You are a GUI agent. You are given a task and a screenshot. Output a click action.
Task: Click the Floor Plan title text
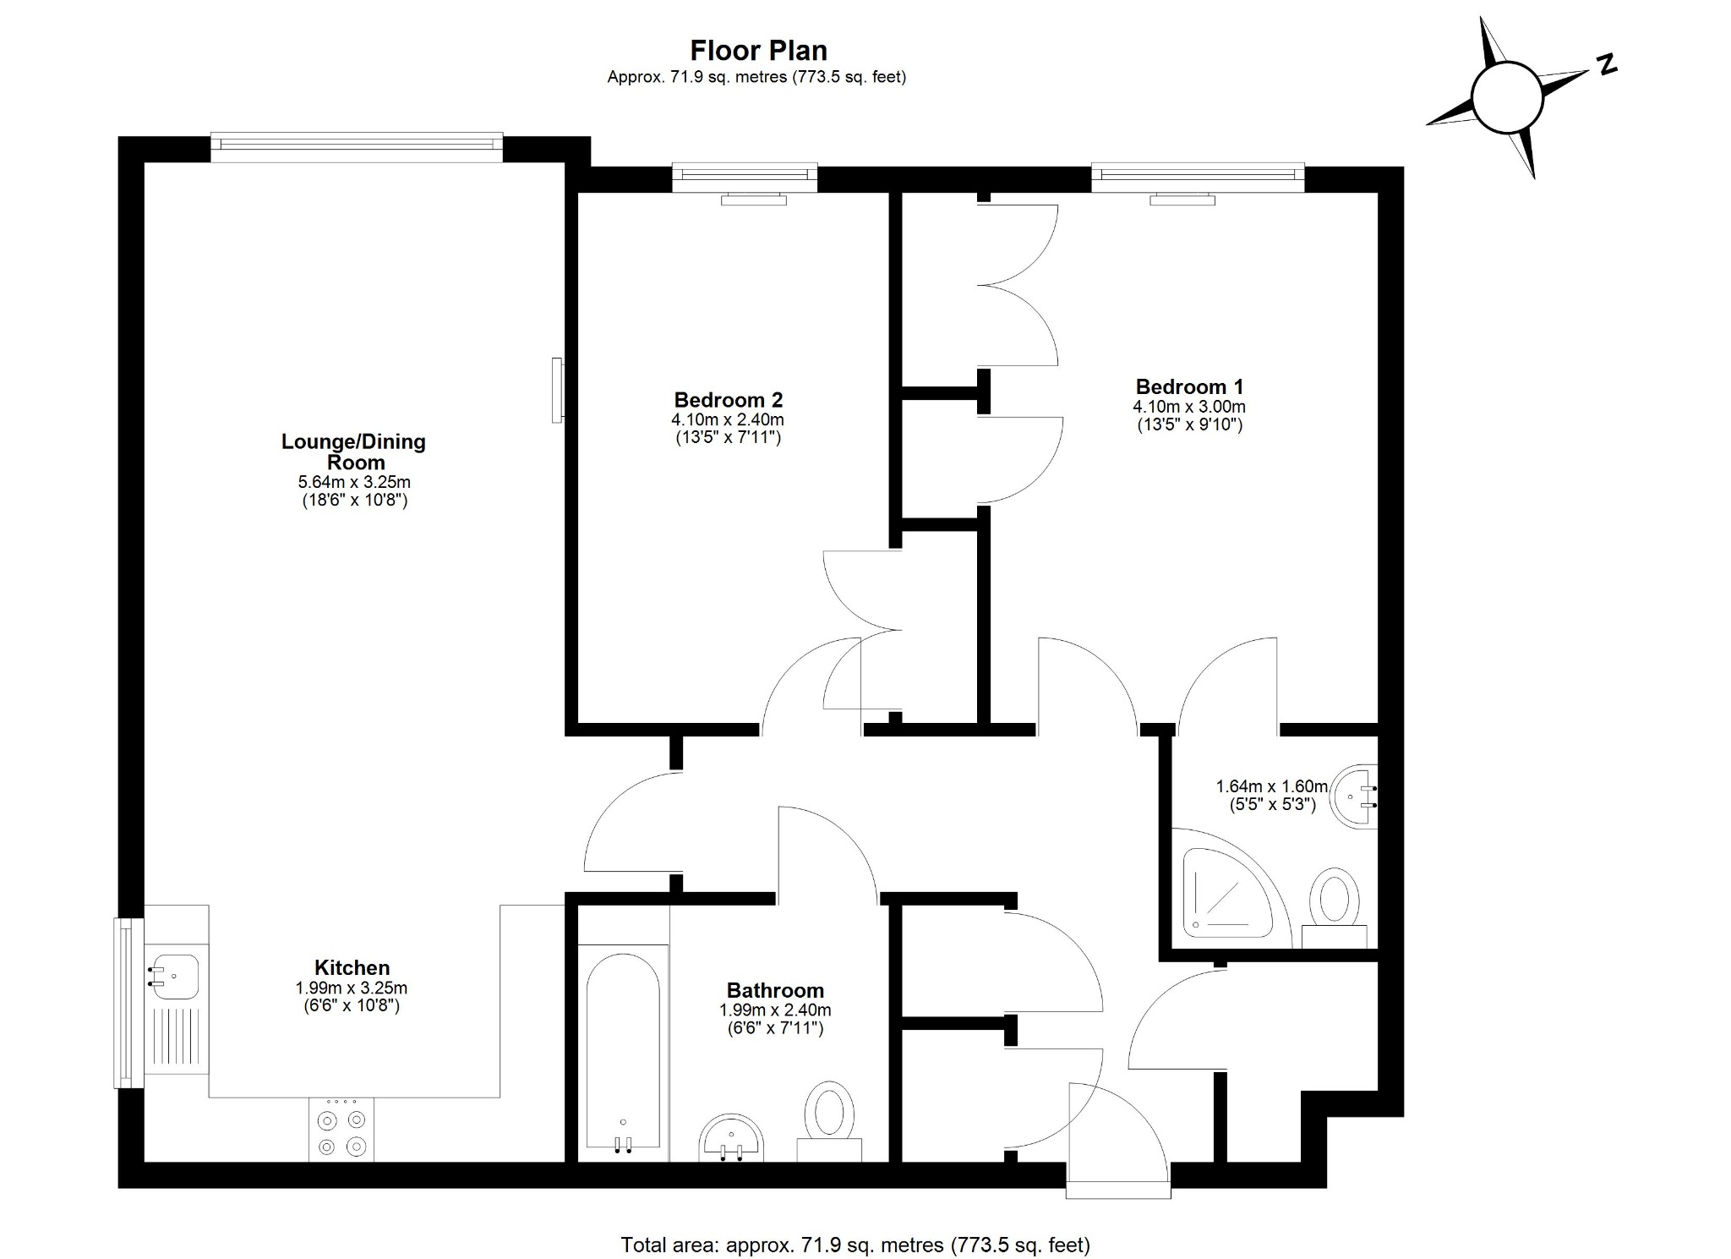[x=758, y=51]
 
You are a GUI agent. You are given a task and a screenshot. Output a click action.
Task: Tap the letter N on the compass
[x=1606, y=64]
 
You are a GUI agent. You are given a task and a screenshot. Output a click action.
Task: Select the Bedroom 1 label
[x=1189, y=387]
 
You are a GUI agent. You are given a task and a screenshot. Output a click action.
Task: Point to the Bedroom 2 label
[x=728, y=400]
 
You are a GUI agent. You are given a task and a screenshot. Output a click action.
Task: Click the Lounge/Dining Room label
[x=353, y=452]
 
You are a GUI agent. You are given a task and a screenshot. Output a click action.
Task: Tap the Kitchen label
[x=352, y=967]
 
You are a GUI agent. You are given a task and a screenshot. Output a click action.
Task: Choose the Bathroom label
[x=774, y=990]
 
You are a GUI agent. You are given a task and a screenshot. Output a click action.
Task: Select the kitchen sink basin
[x=175, y=977]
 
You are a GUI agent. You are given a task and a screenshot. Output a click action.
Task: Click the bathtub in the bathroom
[x=623, y=1053]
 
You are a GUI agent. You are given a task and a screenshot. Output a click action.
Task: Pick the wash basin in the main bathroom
[x=732, y=1137]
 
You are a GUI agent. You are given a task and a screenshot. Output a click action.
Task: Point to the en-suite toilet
[x=1334, y=905]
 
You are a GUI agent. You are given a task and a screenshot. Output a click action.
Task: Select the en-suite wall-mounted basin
[x=1355, y=796]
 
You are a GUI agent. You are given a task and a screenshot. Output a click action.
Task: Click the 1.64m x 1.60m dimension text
[x=1271, y=786]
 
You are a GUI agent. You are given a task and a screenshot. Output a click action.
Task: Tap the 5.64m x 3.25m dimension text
[x=354, y=483]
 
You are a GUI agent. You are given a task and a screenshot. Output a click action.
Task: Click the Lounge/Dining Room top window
[x=356, y=147]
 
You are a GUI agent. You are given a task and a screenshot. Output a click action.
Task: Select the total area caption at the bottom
[x=855, y=1245]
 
